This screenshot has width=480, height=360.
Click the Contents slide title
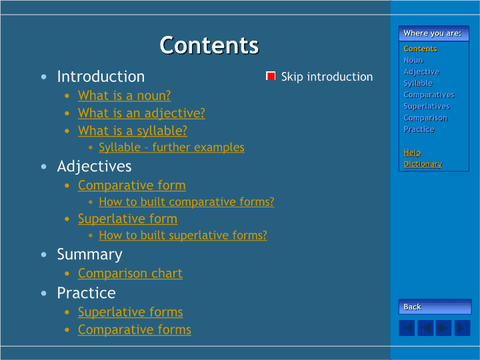(209, 45)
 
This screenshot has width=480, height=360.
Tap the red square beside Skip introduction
(271, 76)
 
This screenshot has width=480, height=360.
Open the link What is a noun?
(124, 96)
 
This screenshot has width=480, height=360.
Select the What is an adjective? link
(141, 113)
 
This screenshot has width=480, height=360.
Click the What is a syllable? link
(133, 131)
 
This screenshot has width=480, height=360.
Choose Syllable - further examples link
(172, 147)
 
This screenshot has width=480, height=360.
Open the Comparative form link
(131, 185)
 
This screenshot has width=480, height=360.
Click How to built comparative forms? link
(187, 202)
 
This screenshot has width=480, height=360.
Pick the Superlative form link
(127, 219)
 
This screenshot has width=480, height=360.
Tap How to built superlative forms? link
(183, 235)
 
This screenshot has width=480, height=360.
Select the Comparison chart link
(130, 273)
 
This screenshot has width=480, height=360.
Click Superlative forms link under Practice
(131, 312)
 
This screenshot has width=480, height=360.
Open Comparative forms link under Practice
(135, 330)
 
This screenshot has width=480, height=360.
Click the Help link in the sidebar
(412, 153)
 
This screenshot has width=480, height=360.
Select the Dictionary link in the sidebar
(423, 164)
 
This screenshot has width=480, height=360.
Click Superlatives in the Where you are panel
(427, 106)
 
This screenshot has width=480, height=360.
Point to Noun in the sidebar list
(413, 60)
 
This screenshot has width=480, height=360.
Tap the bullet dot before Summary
(44, 255)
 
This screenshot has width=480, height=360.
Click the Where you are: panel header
(434, 33)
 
